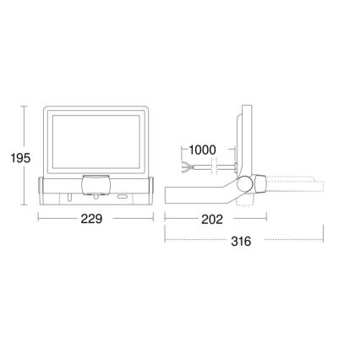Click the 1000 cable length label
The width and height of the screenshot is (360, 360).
[202, 150]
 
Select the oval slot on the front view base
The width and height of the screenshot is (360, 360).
[125, 198]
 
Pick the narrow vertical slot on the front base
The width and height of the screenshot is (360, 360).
[65, 198]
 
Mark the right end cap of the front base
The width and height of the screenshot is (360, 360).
[149, 190]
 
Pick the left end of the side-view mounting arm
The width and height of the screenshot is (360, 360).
[169, 194]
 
